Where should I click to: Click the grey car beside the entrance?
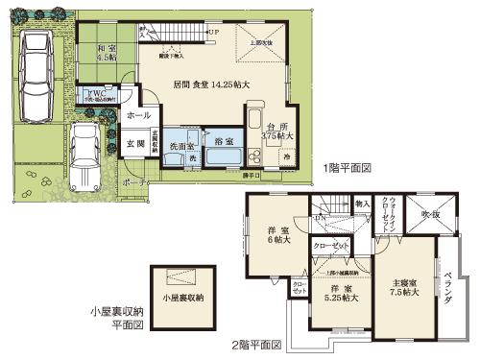[x=87, y=153]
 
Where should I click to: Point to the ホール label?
[x=139, y=115]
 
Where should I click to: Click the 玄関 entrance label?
[x=134, y=145]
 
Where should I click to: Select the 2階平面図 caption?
[x=261, y=344]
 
